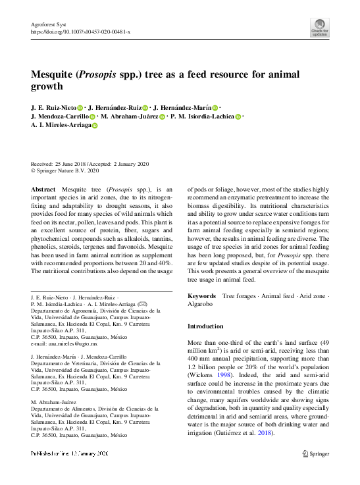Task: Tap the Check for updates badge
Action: (x=319, y=28)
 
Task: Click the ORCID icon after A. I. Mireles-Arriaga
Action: (x=93, y=126)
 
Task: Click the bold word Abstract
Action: (x=43, y=189)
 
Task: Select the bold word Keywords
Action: (x=201, y=297)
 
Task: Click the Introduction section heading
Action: (x=205, y=326)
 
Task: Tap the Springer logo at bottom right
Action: (x=315, y=453)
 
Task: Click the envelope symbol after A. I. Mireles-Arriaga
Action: (x=143, y=304)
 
